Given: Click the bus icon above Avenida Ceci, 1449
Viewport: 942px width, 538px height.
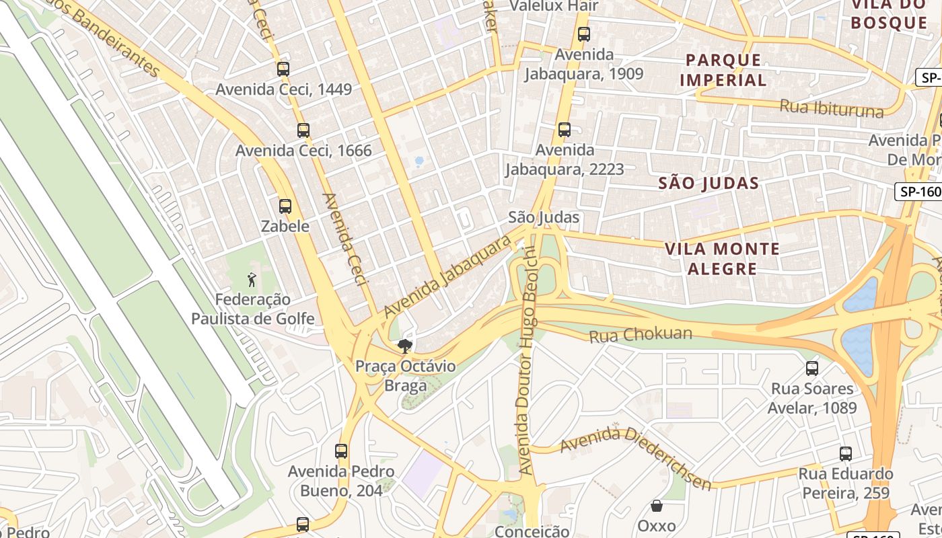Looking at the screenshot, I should point(283,69).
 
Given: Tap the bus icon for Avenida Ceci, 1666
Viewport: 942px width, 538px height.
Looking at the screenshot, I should point(303,130).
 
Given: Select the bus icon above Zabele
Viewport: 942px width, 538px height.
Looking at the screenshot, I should point(285,206).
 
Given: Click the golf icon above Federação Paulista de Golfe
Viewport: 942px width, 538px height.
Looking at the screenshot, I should point(252,279).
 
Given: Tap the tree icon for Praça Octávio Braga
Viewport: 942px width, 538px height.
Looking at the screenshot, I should point(404,346).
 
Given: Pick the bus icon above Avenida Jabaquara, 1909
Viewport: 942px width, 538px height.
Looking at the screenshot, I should point(584,34).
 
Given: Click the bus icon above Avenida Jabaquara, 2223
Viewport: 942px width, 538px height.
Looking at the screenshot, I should point(564,129).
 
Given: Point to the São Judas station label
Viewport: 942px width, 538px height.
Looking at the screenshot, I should point(544,217).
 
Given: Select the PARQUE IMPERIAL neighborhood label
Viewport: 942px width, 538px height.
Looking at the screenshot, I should point(723,70).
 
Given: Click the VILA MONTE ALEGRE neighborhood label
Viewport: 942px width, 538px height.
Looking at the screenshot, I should point(722,259).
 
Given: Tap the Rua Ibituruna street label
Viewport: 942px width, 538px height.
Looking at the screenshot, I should point(831,108).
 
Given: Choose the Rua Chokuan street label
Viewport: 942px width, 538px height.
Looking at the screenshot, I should point(641,334).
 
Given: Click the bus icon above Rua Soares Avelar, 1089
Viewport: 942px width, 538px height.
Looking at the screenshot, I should point(812,368).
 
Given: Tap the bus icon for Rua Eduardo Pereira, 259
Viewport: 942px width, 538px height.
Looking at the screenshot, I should point(846,453).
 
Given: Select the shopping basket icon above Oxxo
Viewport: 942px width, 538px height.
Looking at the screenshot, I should point(657,505).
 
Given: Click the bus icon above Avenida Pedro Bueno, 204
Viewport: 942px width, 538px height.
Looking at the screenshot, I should point(341,451).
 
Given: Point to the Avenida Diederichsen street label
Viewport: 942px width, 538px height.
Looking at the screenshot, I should point(635,457).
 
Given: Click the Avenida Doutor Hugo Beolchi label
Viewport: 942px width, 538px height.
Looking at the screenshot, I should point(527,360).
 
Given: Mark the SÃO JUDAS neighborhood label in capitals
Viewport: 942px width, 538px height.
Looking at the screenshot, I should point(709,183).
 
